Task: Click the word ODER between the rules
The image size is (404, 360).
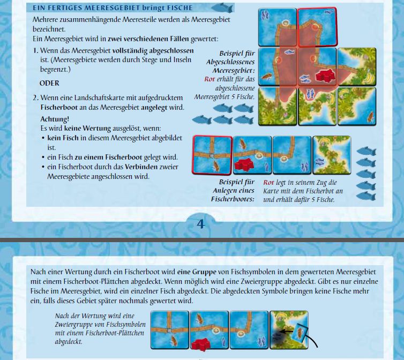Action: pyautogui.click(x=49, y=84)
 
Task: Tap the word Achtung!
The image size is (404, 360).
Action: pyautogui.click(x=55, y=118)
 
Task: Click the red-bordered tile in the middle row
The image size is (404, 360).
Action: pyautogui.click(x=212, y=154)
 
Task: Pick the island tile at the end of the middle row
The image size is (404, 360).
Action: pyautogui.click(x=331, y=154)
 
